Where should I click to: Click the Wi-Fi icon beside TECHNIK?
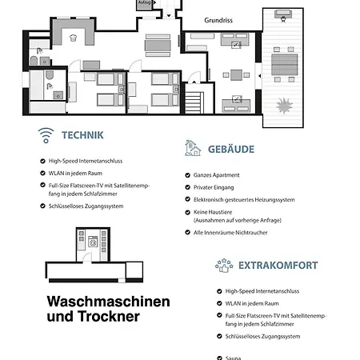pos(46,135)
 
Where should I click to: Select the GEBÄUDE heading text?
pos(230,149)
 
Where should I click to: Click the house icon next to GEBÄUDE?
pos(192,148)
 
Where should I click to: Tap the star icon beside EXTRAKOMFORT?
pos(223,265)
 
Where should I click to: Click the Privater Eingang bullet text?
pos(214,187)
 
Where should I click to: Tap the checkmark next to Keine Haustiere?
pos(186,212)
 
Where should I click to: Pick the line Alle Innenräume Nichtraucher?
pos(230,233)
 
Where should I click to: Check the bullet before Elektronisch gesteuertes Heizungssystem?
pos(186,200)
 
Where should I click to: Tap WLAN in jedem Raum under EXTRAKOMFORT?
pos(251,304)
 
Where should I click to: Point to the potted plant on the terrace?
pos(285,106)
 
